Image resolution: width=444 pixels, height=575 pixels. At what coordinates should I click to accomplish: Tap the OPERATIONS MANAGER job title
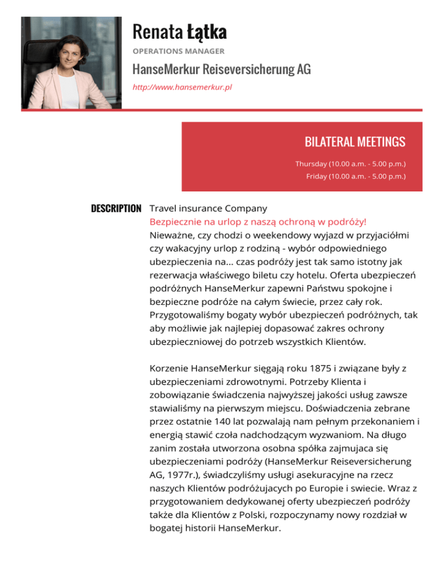coord(178,51)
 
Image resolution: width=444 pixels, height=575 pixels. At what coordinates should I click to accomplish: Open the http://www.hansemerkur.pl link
coord(182,87)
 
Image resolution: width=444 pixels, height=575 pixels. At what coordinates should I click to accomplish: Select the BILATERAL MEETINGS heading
coord(354,142)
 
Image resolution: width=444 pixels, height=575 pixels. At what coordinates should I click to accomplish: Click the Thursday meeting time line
coord(350,164)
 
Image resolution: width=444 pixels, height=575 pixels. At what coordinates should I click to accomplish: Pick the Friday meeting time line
coord(356,176)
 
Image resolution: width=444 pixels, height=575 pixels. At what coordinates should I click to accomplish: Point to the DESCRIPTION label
coord(116,208)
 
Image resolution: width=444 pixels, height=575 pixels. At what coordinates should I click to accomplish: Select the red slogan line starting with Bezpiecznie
coord(257,222)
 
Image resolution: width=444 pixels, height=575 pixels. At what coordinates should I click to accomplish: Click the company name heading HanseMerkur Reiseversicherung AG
coord(221,70)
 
